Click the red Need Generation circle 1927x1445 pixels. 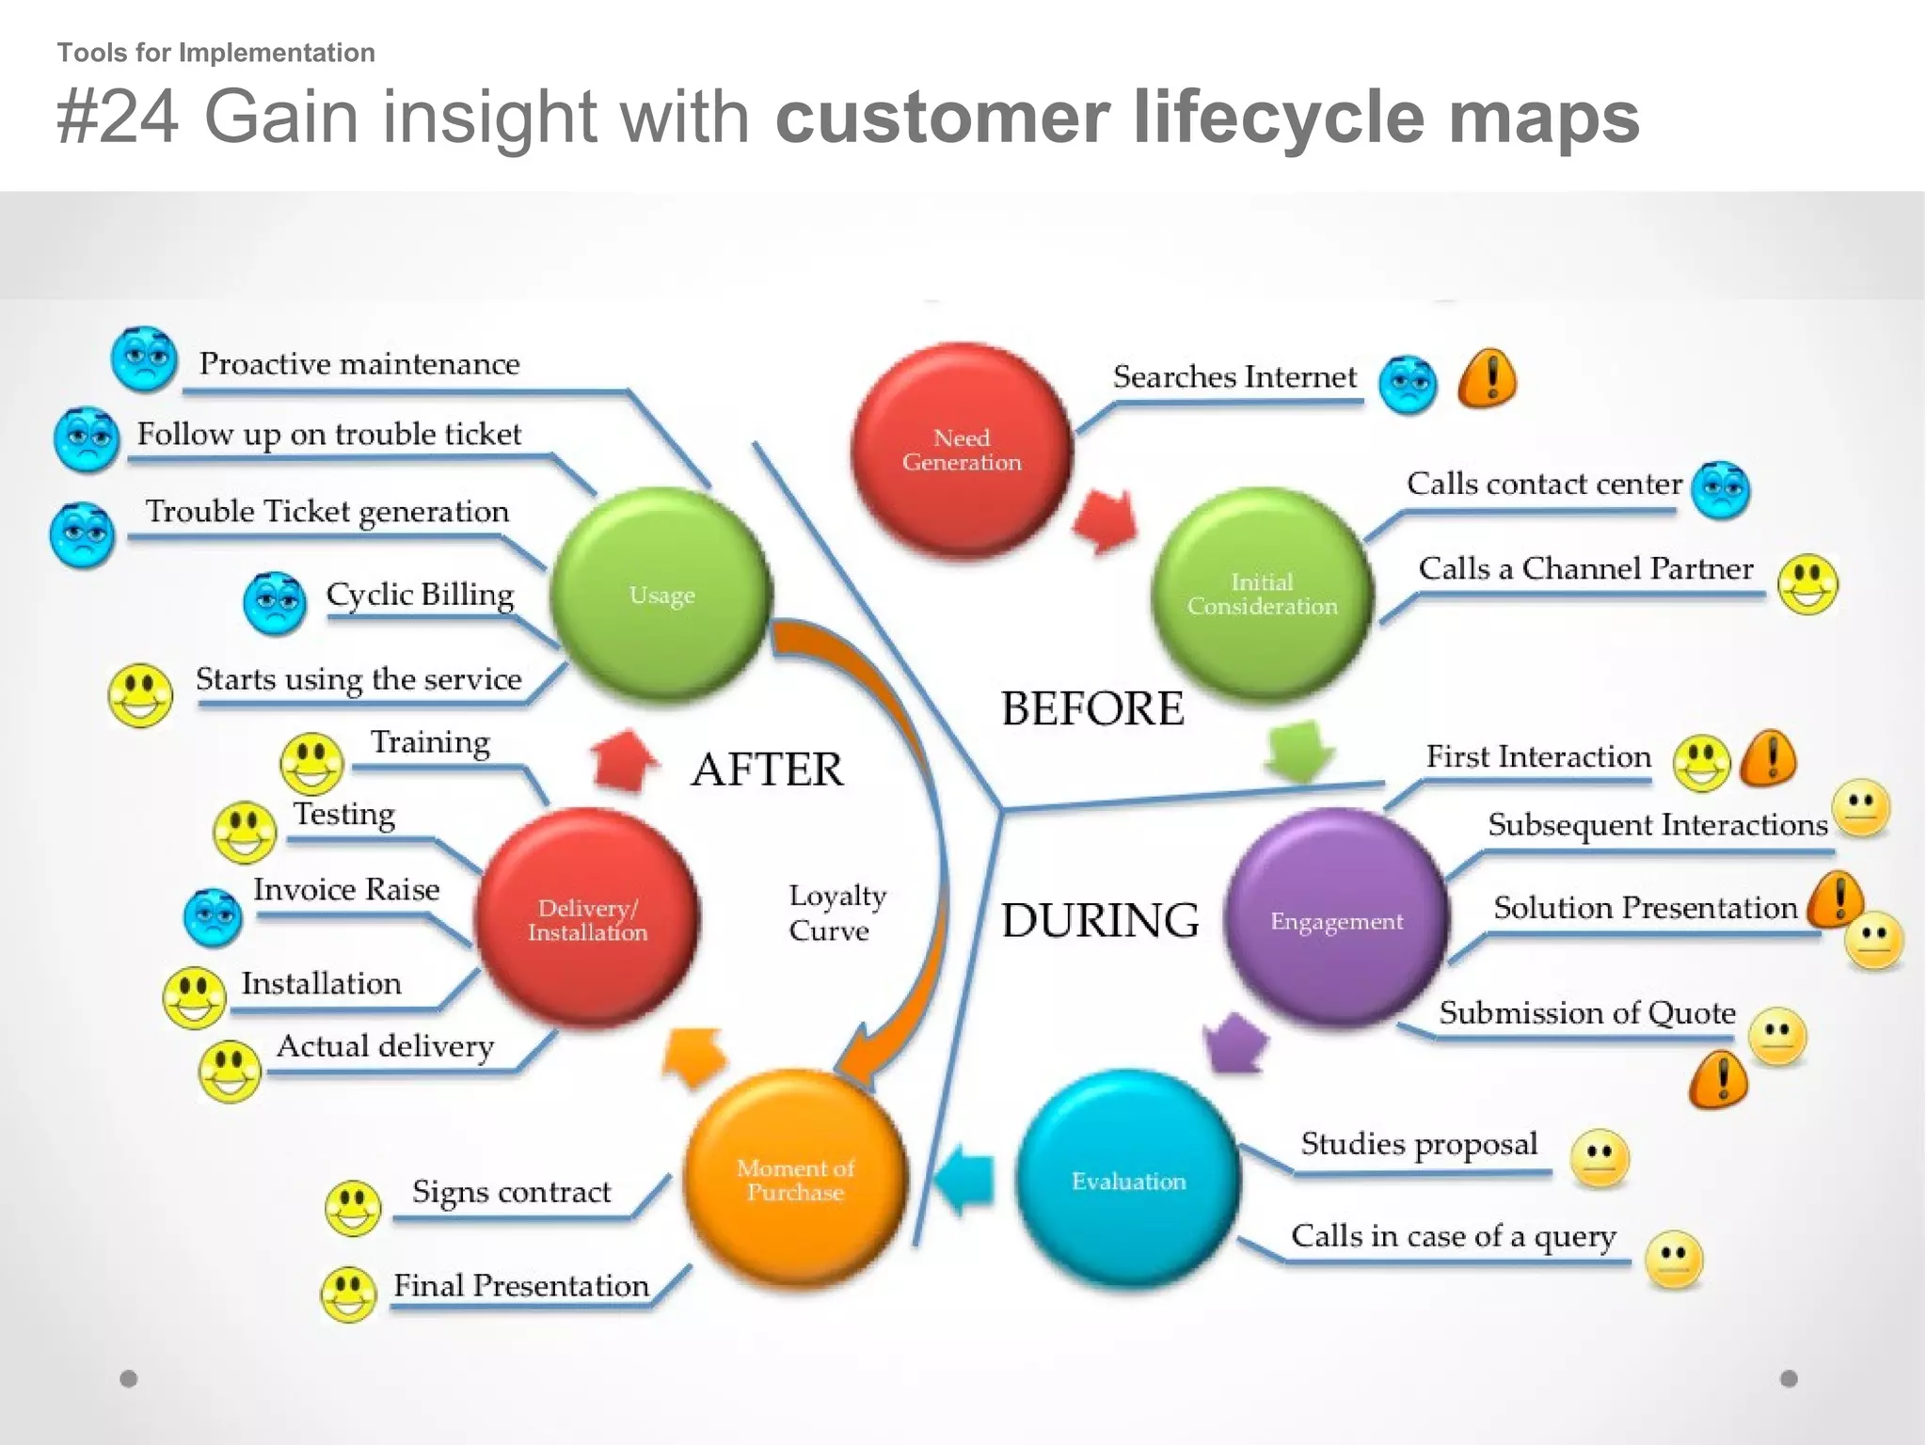point(961,450)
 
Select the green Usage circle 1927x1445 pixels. point(661,595)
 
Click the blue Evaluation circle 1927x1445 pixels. point(1128,1180)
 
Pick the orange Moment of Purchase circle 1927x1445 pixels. point(795,1180)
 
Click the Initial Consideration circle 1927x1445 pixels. point(1262,594)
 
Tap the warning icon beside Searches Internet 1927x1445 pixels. point(1488,378)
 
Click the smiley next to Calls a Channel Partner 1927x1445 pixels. point(1808,583)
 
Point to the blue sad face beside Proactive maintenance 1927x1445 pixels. point(144,358)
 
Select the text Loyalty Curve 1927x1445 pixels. point(836,912)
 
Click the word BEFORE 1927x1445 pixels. point(1091,708)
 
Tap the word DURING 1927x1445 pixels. point(1099,920)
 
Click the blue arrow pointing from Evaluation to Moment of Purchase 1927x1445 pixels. point(966,1180)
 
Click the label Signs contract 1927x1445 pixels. point(511,1192)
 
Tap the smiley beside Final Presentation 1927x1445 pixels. point(348,1294)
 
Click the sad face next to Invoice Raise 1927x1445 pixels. point(214,916)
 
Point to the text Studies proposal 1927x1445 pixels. point(1419,1144)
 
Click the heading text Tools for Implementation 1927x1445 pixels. point(215,53)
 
